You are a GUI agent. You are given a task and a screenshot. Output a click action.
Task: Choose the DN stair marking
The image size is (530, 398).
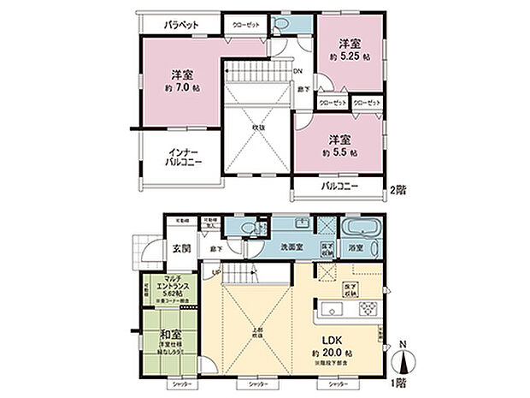298,71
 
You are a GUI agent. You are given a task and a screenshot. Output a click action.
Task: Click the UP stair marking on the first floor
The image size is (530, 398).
215,273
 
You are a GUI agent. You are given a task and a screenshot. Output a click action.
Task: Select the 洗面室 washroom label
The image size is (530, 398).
295,247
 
